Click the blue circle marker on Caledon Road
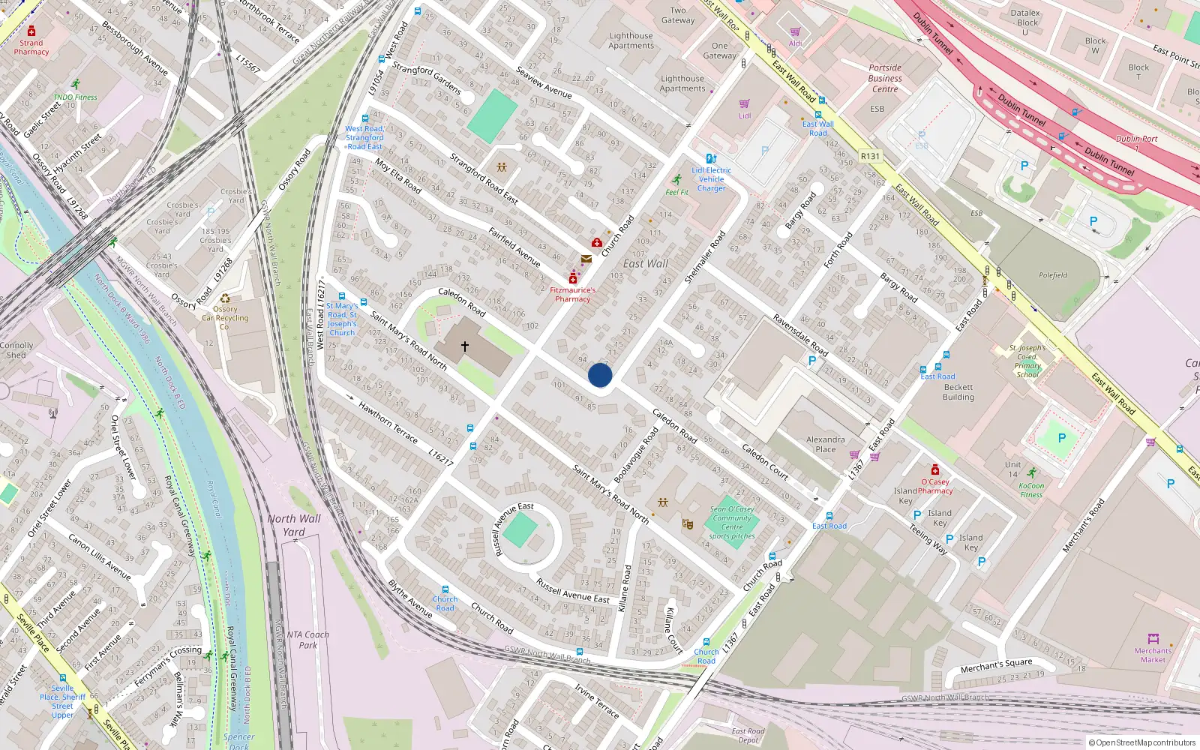click(x=600, y=375)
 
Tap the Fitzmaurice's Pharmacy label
click(x=573, y=295)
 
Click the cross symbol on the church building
click(x=465, y=346)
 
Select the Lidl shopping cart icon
click(x=744, y=104)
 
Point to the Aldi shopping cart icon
click(x=795, y=32)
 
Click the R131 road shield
click(x=870, y=157)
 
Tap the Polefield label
click(x=1053, y=275)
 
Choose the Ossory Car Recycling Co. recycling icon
click(x=225, y=298)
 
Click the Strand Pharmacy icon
click(x=31, y=31)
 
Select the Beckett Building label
click(x=958, y=392)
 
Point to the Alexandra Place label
click(x=825, y=445)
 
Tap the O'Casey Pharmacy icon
click(x=934, y=470)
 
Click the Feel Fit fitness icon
click(x=677, y=180)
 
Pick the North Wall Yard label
click(x=294, y=525)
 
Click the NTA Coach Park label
click(x=307, y=640)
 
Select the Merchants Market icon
click(x=1153, y=639)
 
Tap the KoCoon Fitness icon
click(x=1032, y=473)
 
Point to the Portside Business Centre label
click(x=885, y=78)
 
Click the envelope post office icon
click(x=586, y=259)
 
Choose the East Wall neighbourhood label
click(x=645, y=264)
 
